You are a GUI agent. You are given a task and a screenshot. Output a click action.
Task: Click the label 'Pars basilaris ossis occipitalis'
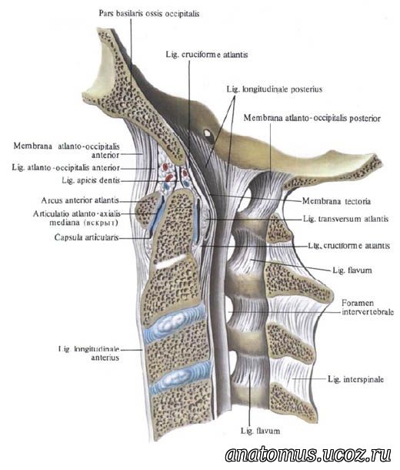tap(149, 14)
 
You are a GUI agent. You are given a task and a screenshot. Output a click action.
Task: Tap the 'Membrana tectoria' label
tap(336, 201)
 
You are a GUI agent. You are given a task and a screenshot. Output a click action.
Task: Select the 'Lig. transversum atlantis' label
tap(345, 219)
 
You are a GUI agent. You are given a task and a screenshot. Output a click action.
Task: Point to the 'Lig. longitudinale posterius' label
tap(275, 89)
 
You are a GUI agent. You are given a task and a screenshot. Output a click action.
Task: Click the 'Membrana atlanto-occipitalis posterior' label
tap(312, 118)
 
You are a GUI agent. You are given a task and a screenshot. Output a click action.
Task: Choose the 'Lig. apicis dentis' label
tap(91, 180)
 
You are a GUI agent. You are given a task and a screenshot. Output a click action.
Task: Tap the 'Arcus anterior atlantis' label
tap(80, 200)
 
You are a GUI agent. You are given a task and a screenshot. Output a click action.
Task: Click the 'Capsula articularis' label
tap(87, 238)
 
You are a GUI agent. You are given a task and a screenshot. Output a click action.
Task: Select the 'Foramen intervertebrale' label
tap(368, 307)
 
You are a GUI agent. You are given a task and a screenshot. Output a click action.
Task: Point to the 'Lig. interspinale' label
tap(355, 379)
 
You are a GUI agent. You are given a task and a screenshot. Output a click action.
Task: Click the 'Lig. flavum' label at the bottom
tap(260, 431)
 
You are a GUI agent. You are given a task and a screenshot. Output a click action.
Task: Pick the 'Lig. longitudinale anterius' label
tap(89, 353)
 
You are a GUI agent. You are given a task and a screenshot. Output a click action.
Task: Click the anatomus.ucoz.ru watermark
tap(308, 454)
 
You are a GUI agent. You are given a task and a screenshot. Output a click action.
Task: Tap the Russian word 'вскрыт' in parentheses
tap(102, 223)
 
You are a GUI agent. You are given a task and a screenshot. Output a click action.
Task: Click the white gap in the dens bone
tap(171, 262)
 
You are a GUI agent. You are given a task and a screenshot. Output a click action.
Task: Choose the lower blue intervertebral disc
tap(180, 378)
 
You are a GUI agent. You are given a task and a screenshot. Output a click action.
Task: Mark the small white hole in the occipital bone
tap(207, 133)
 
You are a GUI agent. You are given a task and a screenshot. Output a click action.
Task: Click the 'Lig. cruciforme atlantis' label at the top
tap(207, 55)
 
